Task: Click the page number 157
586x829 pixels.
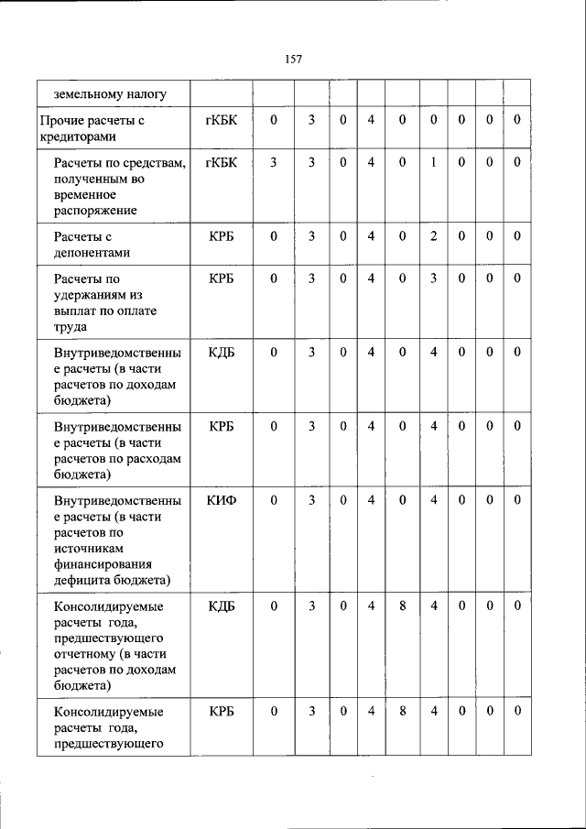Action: pyautogui.click(x=293, y=59)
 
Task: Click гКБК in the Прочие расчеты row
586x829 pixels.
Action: pyautogui.click(x=221, y=120)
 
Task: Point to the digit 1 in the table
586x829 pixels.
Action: pyautogui.click(x=434, y=162)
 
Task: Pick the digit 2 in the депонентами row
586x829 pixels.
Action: pyautogui.click(x=434, y=236)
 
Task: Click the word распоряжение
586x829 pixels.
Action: pyautogui.click(x=94, y=211)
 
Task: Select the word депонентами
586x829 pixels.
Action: pyautogui.click(x=92, y=253)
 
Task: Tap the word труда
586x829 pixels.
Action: pyautogui.click(x=69, y=327)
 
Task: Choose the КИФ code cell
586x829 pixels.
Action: pyautogui.click(x=221, y=499)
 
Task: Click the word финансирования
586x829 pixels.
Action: pyautogui.click(x=103, y=564)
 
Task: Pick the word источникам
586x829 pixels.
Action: pyautogui.click(x=90, y=548)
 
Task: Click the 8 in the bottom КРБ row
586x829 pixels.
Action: pyautogui.click(x=402, y=712)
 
